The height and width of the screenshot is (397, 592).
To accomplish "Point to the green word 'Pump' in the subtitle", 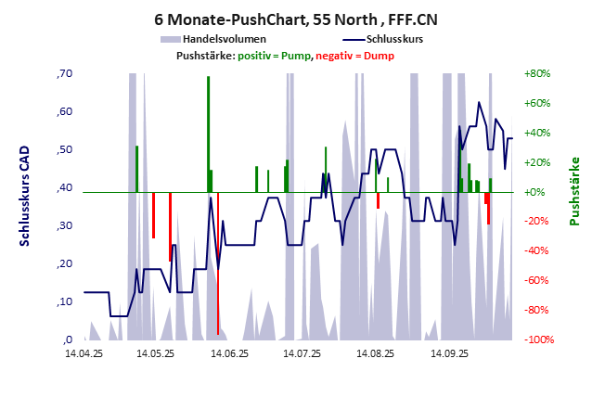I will click(296, 56).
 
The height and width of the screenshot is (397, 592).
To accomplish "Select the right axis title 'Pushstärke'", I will click(573, 191).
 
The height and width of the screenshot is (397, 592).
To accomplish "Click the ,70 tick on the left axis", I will click(64, 73).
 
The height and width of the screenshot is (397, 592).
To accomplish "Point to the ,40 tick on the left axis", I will click(64, 187).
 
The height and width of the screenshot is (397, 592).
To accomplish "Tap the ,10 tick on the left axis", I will click(64, 301).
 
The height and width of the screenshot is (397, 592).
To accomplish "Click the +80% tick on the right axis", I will click(538, 73).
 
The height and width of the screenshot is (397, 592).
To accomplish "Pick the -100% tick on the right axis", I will click(539, 339).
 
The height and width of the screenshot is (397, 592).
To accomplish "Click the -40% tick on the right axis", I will click(538, 250).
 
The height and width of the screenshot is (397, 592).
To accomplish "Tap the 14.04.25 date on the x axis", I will click(84, 353).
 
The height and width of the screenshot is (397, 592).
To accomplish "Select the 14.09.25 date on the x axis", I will click(449, 353).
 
